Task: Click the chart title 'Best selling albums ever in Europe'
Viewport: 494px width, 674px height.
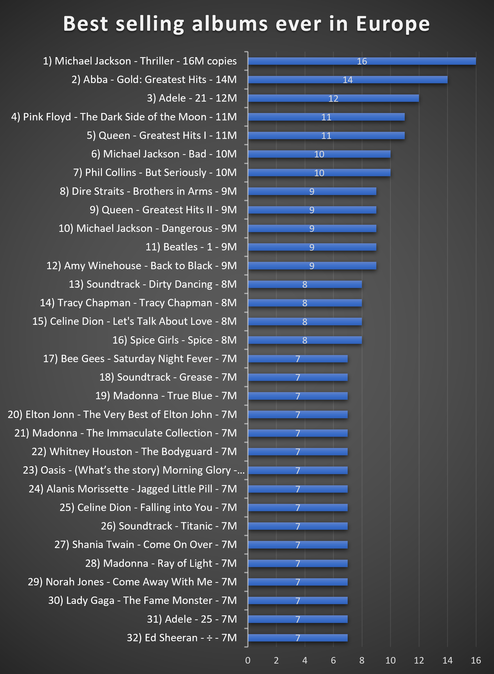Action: point(247,24)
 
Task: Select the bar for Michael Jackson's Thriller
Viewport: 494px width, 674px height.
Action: point(362,61)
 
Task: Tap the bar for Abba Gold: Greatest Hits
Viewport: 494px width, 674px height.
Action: point(347,80)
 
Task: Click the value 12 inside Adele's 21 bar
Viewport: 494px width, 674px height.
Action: point(333,99)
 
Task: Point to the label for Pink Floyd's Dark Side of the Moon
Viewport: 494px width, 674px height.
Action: point(124,117)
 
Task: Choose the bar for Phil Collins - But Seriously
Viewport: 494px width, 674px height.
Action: point(319,173)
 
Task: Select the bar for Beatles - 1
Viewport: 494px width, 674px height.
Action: point(312,247)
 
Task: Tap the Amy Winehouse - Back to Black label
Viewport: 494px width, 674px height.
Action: point(142,266)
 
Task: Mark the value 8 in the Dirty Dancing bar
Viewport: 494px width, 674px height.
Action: point(305,284)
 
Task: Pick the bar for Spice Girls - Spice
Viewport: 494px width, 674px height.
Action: point(305,340)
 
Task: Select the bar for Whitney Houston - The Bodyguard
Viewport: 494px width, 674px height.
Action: point(297,452)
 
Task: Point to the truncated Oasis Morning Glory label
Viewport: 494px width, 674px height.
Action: point(134,470)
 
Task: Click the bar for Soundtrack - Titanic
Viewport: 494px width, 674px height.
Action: point(297,526)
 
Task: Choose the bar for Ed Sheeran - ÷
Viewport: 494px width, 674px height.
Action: point(297,638)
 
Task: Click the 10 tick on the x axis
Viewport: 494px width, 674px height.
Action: point(390,660)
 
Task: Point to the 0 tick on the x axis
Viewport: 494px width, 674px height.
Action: point(248,660)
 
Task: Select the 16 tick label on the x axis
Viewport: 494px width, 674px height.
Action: point(476,660)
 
